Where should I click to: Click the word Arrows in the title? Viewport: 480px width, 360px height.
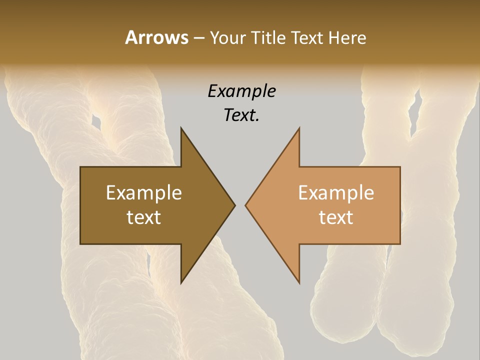tap(156, 37)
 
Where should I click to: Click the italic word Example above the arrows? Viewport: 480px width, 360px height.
tap(242, 91)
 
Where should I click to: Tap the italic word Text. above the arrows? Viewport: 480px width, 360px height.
tap(242, 115)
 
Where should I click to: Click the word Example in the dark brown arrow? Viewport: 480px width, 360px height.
tap(144, 192)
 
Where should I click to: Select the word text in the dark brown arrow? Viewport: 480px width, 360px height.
tap(144, 217)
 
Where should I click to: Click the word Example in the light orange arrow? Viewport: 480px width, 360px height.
tap(336, 192)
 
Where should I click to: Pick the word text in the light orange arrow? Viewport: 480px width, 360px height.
tap(336, 217)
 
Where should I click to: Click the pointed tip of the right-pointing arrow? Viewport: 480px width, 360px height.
tap(234, 205)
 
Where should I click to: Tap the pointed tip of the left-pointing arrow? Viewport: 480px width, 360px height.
tap(245, 205)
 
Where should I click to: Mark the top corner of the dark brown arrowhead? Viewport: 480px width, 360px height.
tap(181, 128)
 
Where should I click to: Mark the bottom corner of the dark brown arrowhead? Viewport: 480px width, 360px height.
tap(181, 282)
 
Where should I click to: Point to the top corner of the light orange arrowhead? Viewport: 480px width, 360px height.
tap(299, 128)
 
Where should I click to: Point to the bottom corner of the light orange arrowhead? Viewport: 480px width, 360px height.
tap(299, 282)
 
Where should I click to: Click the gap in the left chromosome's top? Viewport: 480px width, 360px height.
tap(96, 121)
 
